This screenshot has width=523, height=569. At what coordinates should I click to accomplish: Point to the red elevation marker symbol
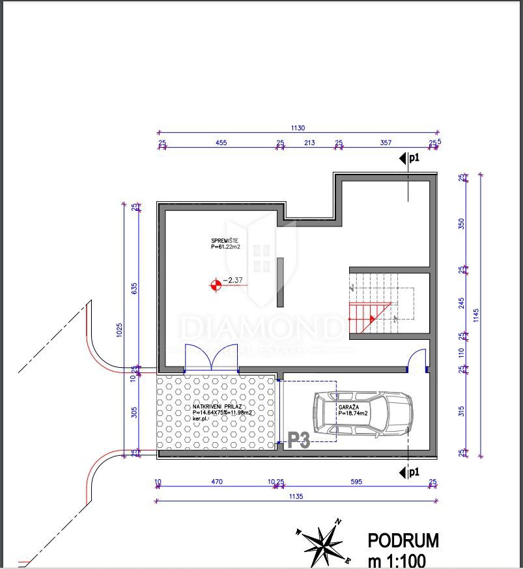pos(215,284)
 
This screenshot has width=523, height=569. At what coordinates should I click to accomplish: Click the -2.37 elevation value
pos(233,281)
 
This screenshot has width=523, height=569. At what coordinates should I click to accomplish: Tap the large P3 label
pos(299,441)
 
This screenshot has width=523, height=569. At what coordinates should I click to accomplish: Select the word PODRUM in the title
pos(403,540)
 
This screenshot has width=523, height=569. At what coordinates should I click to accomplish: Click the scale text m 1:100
pos(399,559)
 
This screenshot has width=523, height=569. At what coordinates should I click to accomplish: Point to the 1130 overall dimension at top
pos(298,128)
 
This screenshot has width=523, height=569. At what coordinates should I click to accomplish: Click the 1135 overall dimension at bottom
pos(296,496)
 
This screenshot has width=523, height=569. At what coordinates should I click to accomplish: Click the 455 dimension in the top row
pos(221,143)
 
